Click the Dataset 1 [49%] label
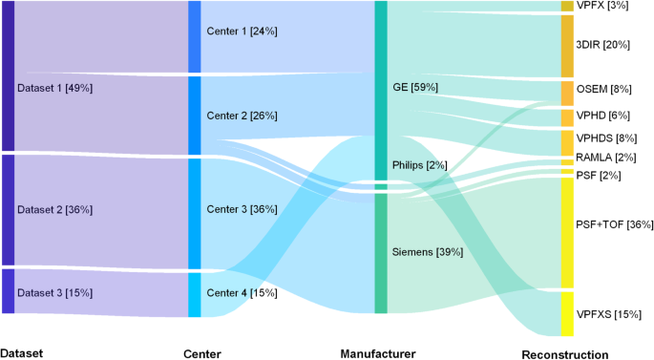pyautogui.click(x=54, y=88)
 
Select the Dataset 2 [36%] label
pyautogui.click(x=54, y=209)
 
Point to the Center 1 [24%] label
pyautogui.click(x=242, y=32)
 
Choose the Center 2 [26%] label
pyautogui.click(x=242, y=116)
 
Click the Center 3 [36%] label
pyautogui.click(x=242, y=209)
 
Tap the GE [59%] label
pyautogui.click(x=415, y=88)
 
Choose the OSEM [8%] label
pyautogui.click(x=603, y=90)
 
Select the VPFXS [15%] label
pyautogui.click(x=608, y=314)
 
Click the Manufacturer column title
pyautogui.click(x=378, y=353)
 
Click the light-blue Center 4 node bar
pyautogui.click(x=195, y=295)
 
